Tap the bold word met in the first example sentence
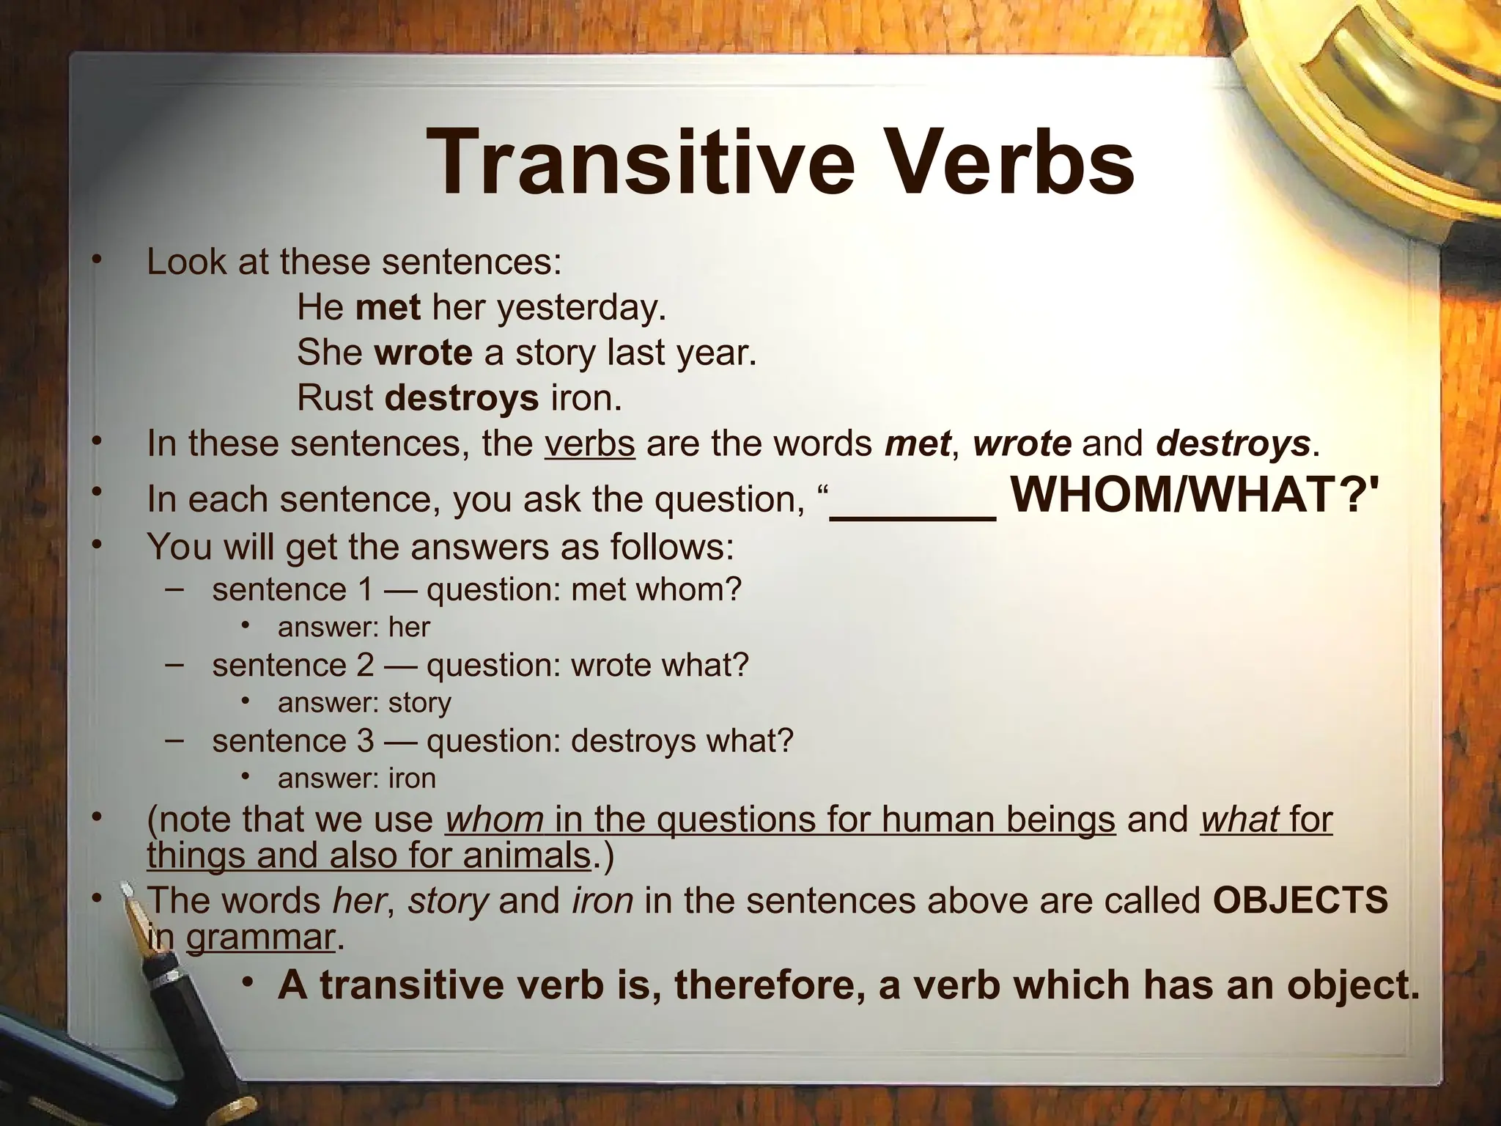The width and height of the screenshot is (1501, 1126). tap(388, 307)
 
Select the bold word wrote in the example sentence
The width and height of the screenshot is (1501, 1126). tap(423, 353)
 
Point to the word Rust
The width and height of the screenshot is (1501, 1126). tap(335, 398)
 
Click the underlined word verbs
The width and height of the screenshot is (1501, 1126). tap(589, 444)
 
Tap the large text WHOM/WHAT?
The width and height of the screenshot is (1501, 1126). tap(1192, 496)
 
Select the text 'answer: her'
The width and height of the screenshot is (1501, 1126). tap(353, 628)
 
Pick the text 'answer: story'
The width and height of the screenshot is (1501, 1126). tap(364, 702)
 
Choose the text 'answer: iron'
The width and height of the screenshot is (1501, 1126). tap(356, 778)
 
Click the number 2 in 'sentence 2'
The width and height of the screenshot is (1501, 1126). tap(365, 665)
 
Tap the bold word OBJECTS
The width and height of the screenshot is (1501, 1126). tap(1300, 899)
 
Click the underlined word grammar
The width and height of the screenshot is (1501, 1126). tap(260, 937)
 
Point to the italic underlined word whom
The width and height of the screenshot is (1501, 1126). tap(495, 819)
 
